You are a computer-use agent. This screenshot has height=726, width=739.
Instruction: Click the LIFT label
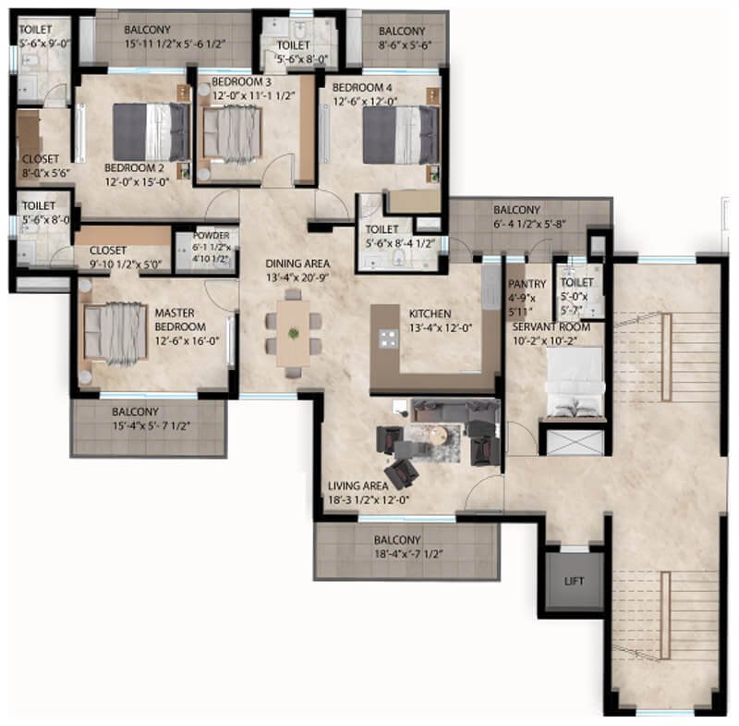[x=574, y=581]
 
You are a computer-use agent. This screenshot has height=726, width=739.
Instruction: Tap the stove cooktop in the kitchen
[x=389, y=338]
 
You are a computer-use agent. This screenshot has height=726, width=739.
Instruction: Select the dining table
[x=293, y=333]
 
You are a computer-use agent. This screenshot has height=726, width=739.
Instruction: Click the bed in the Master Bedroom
[x=114, y=334]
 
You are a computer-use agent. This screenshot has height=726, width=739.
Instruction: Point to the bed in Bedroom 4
[x=401, y=135]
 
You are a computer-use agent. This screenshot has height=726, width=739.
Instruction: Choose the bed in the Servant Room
[x=575, y=383]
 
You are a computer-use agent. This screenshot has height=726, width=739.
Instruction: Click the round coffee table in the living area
[x=440, y=435]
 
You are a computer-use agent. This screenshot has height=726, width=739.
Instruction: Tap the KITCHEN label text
[x=430, y=314]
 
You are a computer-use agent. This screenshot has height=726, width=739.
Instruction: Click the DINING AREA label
[x=297, y=264]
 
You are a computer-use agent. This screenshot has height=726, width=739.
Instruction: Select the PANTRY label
[x=527, y=284]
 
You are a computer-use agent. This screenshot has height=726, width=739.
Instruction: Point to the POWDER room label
[x=212, y=236]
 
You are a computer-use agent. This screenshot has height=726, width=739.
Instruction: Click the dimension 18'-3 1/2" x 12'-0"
[x=368, y=499]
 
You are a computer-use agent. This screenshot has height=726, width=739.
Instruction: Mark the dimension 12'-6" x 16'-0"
[x=187, y=340]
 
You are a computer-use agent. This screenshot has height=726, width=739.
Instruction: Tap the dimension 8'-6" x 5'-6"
[x=405, y=45]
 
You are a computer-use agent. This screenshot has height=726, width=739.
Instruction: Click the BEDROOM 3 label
[x=241, y=81]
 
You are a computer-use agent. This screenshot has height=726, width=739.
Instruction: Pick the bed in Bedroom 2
[x=151, y=132]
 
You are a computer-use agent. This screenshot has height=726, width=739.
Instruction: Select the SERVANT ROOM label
[x=551, y=326]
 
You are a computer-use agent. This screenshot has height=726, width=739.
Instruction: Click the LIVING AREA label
[x=357, y=486]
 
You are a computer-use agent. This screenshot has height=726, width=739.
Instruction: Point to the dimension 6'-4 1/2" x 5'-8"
[x=529, y=224]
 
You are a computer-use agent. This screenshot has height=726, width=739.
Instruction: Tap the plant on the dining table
[x=294, y=334]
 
